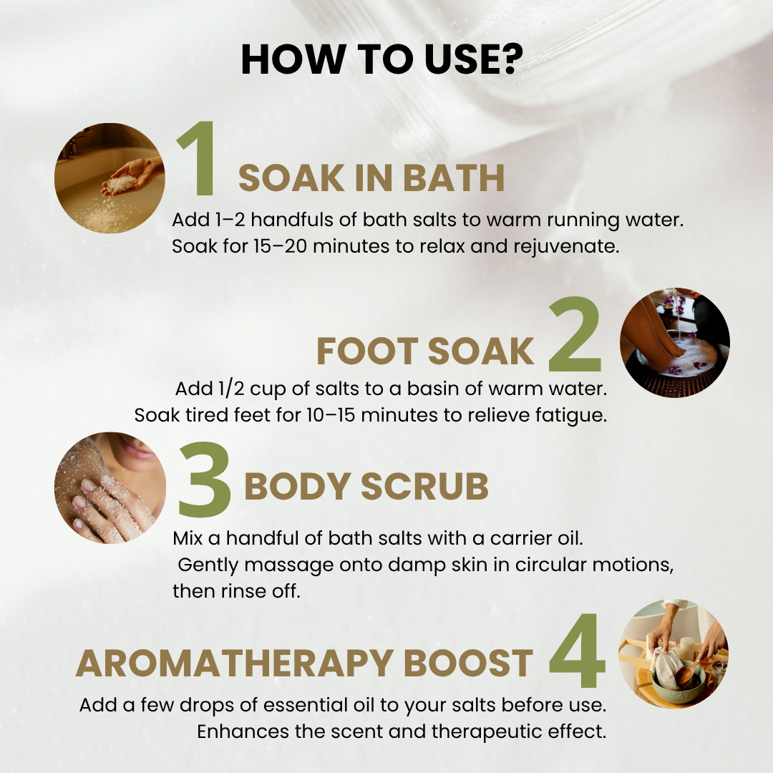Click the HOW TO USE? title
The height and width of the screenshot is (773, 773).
pyautogui.click(x=382, y=59)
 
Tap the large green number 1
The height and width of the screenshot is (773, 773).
pyautogui.click(x=200, y=158)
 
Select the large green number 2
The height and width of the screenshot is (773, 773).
pyautogui.click(x=575, y=334)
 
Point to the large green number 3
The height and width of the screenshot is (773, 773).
pyautogui.click(x=204, y=480)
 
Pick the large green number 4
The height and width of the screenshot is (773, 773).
pyautogui.click(x=577, y=650)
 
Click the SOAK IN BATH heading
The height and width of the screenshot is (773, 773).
pyautogui.click(x=371, y=178)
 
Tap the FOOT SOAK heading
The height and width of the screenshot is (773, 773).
pyautogui.click(x=425, y=351)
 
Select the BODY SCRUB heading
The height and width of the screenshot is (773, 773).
pyautogui.click(x=366, y=486)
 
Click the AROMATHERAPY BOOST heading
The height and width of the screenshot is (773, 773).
pyautogui.click(x=304, y=663)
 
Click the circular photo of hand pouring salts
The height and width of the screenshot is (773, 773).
pyautogui.click(x=110, y=178)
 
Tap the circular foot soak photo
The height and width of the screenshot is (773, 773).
pyautogui.click(x=674, y=343)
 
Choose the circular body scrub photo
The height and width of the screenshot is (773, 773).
pyautogui.click(x=110, y=487)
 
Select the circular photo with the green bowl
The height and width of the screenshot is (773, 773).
pyautogui.click(x=674, y=653)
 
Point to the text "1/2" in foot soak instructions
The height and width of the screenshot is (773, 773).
pyautogui.click(x=231, y=389)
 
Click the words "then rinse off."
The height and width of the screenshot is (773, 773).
pyautogui.click(x=237, y=590)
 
